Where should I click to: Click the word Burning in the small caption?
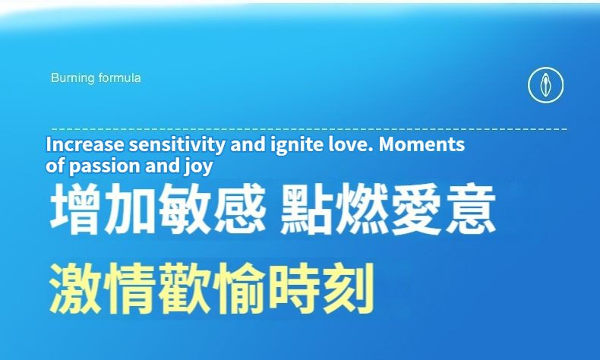(x=73, y=78)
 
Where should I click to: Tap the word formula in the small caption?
(x=120, y=78)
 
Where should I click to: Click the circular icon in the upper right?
(x=545, y=85)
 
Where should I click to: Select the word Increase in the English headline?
(x=85, y=144)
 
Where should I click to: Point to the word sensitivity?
(x=177, y=145)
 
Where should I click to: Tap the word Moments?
(x=422, y=144)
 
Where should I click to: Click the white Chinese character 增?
(x=75, y=209)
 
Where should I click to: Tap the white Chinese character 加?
(x=129, y=209)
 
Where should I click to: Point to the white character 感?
(x=240, y=209)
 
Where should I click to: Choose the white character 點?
(x=306, y=209)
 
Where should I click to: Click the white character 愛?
(x=415, y=209)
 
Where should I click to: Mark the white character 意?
(x=471, y=209)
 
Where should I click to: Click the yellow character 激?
(x=75, y=289)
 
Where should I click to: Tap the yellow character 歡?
(x=185, y=289)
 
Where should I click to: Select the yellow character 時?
(x=294, y=289)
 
